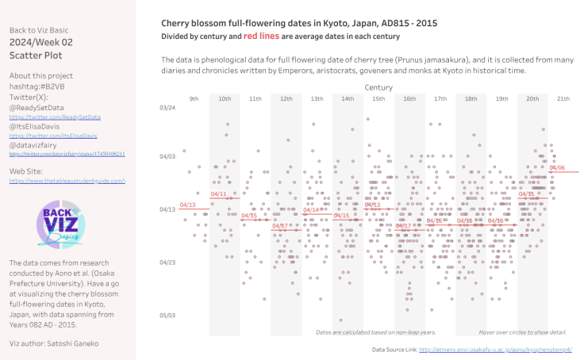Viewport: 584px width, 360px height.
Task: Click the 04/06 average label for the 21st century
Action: (556, 167)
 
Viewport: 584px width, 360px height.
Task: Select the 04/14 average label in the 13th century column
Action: (310, 209)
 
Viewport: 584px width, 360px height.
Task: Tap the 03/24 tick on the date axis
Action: (167, 108)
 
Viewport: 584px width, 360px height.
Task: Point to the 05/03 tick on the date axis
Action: (167, 315)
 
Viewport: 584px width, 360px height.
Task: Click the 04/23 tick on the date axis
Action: (167, 262)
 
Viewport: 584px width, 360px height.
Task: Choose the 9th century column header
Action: (194, 98)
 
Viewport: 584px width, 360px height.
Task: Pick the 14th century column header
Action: (348, 98)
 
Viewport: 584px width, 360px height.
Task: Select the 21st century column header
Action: (563, 98)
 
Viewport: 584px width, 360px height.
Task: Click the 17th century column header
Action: (440, 98)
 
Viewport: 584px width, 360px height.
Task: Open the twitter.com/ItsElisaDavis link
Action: (47, 136)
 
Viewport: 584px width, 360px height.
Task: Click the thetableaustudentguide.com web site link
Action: (67, 181)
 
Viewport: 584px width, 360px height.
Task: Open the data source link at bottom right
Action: (495, 349)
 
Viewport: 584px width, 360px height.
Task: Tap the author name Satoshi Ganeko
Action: (83, 343)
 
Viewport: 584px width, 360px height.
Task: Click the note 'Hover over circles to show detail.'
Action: (522, 331)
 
